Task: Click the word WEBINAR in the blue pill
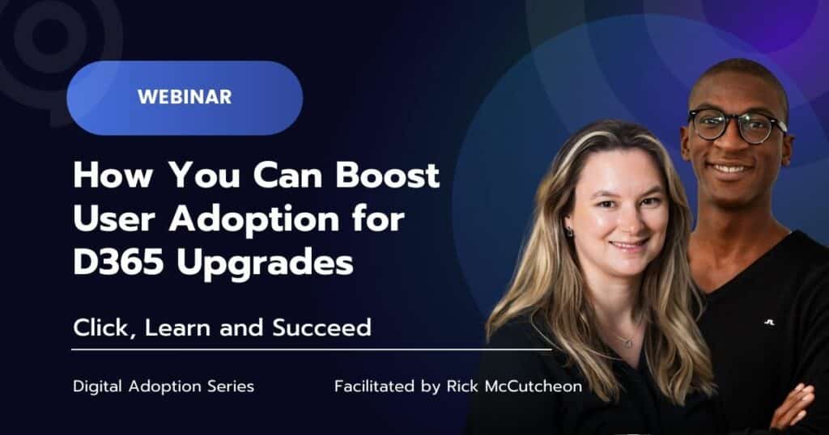pos(184,97)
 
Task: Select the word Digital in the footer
pos(96,386)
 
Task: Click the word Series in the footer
pos(232,386)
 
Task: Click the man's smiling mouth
pos(731,169)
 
